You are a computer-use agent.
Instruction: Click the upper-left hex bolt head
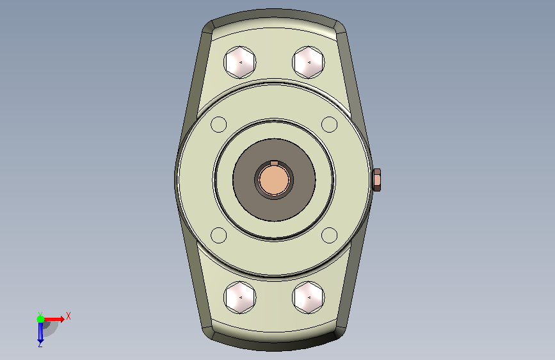(240, 62)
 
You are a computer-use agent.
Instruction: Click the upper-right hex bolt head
(309, 62)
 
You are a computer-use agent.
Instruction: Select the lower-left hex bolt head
(240, 297)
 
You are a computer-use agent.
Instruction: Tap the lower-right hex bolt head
(309, 297)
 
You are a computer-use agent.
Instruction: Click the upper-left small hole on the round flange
(219, 124)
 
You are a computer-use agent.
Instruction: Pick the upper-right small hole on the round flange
(329, 124)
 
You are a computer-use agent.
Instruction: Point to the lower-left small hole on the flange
(219, 235)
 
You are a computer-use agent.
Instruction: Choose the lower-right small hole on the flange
(329, 235)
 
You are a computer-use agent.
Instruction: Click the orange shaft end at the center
(274, 180)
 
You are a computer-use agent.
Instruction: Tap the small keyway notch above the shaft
(274, 163)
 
